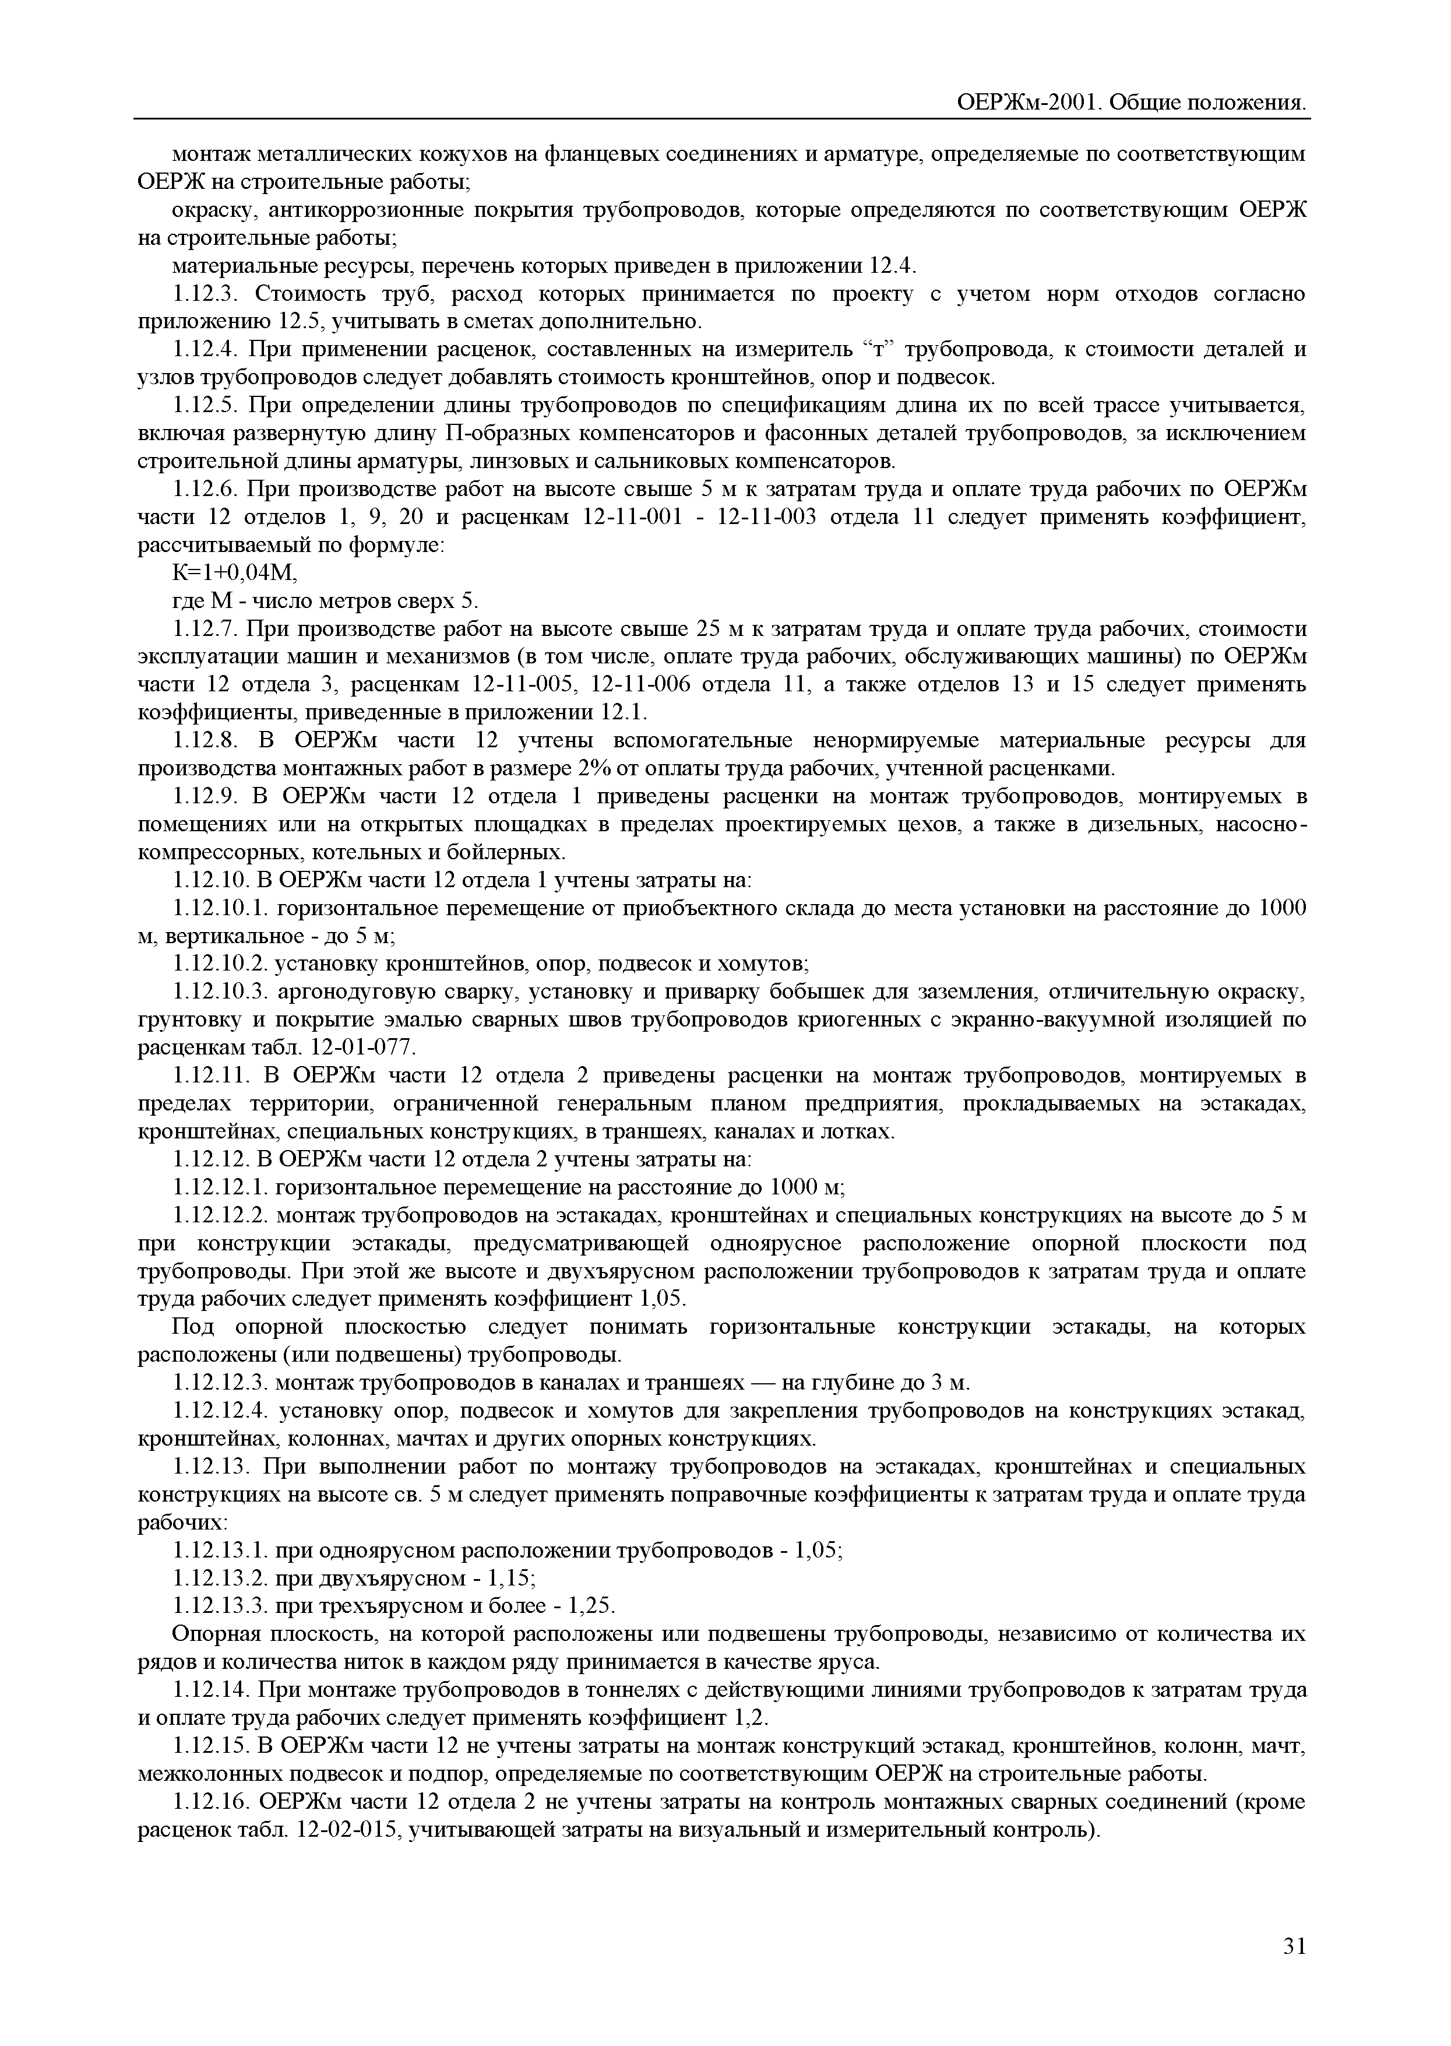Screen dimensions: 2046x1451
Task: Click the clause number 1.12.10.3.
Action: tap(221, 992)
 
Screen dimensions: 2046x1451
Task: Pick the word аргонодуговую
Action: tap(355, 992)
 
